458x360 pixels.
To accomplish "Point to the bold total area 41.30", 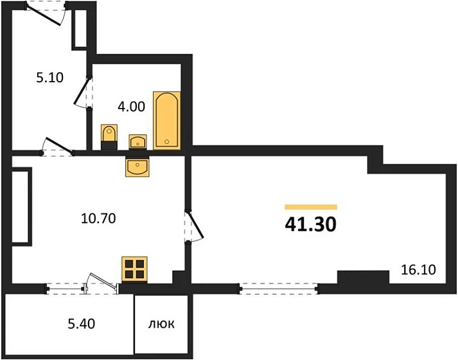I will point(311,224).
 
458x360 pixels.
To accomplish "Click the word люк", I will point(161,324).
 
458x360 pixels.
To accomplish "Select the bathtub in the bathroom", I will point(167,120).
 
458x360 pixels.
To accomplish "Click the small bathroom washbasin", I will point(138,141).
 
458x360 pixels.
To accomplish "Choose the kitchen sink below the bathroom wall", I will point(138,166).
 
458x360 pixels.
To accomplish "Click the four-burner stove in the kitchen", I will point(134,268).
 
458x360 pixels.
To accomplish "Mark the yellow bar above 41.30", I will point(311,207).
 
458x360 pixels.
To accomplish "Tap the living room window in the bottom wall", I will point(279,288).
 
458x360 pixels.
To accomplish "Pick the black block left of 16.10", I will point(363,279).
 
